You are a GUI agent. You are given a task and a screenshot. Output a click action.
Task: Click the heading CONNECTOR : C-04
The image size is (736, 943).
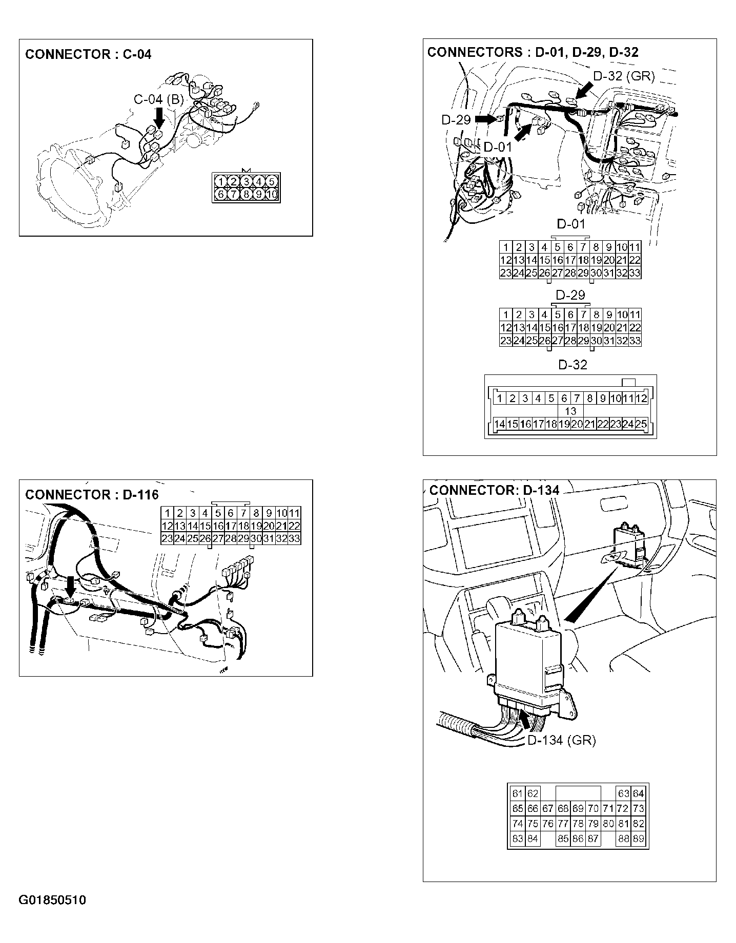(x=88, y=54)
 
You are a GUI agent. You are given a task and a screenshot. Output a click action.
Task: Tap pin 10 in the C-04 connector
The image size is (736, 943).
(x=272, y=194)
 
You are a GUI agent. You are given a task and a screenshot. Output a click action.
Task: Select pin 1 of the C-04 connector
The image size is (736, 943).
(x=220, y=181)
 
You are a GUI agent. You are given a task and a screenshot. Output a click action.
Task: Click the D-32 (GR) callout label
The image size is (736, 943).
(x=624, y=76)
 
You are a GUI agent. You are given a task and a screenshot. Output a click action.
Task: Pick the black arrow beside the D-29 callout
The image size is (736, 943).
(x=484, y=119)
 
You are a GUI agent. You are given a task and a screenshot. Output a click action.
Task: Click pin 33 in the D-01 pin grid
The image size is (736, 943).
(x=635, y=273)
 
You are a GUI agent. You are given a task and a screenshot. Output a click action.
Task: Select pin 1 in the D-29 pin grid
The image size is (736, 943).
(x=506, y=315)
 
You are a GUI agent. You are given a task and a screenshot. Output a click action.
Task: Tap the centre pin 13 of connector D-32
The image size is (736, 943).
(x=570, y=411)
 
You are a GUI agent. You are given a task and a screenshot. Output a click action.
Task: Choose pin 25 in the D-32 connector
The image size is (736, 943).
(x=641, y=424)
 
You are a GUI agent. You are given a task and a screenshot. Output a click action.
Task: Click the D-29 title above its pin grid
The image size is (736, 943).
(x=570, y=296)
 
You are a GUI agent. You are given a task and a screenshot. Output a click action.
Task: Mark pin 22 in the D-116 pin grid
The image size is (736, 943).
(x=294, y=526)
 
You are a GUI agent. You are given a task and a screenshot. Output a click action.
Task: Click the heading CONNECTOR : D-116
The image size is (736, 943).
(x=92, y=495)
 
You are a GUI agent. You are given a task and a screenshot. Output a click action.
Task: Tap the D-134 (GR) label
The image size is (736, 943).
(x=561, y=740)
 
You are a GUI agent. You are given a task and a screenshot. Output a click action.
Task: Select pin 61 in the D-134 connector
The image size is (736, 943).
(x=517, y=794)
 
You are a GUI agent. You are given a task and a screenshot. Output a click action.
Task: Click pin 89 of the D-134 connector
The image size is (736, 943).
(x=639, y=839)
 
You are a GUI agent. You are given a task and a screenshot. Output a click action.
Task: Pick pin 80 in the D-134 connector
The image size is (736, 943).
(x=608, y=824)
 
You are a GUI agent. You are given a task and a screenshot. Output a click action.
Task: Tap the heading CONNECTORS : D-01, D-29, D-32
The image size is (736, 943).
(x=533, y=52)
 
